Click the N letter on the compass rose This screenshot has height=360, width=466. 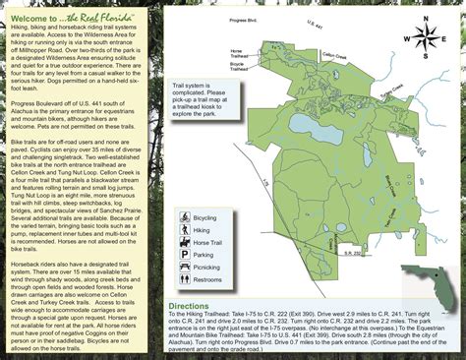pos(427,19)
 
